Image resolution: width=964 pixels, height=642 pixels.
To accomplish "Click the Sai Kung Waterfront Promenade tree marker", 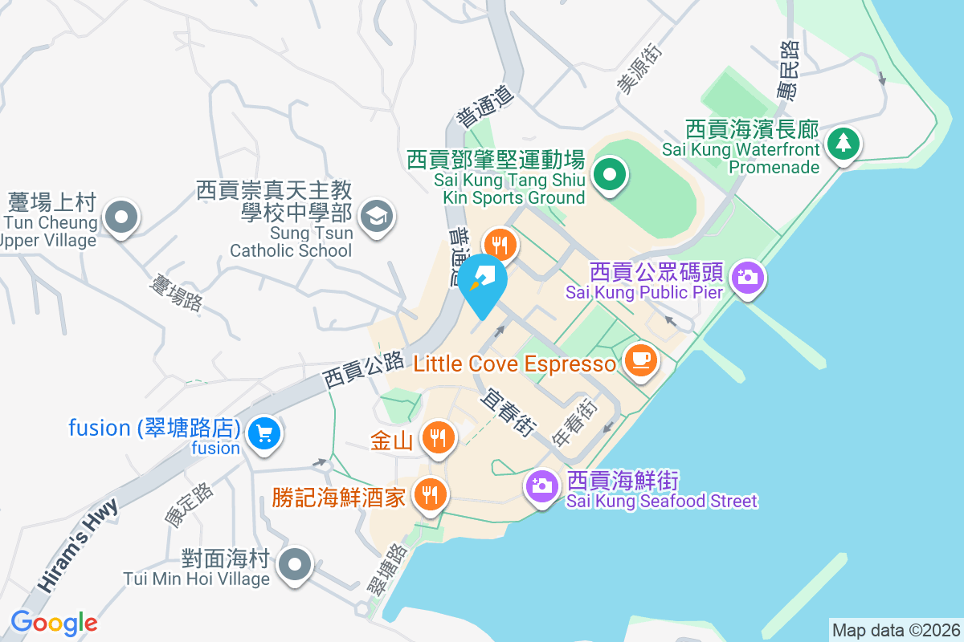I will [843, 144].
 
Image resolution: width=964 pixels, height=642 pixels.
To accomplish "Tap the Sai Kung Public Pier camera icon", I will [748, 278].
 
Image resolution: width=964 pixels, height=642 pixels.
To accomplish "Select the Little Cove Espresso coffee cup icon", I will [639, 358].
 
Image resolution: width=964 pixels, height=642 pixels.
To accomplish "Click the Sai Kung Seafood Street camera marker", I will [542, 485].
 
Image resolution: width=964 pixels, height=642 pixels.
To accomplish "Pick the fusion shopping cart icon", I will [263, 434].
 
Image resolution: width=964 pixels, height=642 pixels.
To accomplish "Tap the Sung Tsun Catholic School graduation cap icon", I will [375, 215].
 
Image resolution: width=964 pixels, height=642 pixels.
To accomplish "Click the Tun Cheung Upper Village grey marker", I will [121, 216].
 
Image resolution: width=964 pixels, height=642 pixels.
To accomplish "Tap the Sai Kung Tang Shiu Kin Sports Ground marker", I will [610, 174].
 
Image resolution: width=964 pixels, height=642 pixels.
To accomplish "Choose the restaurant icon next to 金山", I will [437, 437].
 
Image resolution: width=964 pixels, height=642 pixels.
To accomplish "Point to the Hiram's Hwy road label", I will [76, 544].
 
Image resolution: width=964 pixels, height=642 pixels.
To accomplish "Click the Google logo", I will [54, 622].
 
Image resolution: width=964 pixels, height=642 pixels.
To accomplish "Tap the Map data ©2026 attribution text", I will [895, 630].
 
